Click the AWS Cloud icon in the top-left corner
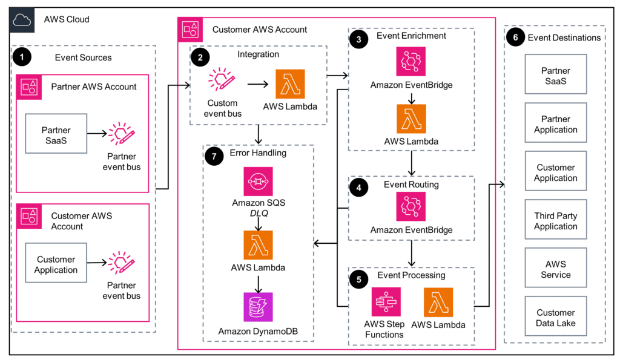tap(22, 19)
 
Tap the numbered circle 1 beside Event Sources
tap(23, 57)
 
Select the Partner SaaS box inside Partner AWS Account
tap(56, 134)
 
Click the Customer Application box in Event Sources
tap(56, 264)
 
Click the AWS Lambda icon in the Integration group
tap(290, 83)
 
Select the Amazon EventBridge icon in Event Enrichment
tap(411, 62)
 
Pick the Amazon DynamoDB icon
tap(259, 307)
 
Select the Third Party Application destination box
tap(556, 221)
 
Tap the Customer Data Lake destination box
tap(556, 318)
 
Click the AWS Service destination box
tap(556, 269)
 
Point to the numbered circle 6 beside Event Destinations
tap(515, 38)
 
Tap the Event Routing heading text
tap(411, 185)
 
